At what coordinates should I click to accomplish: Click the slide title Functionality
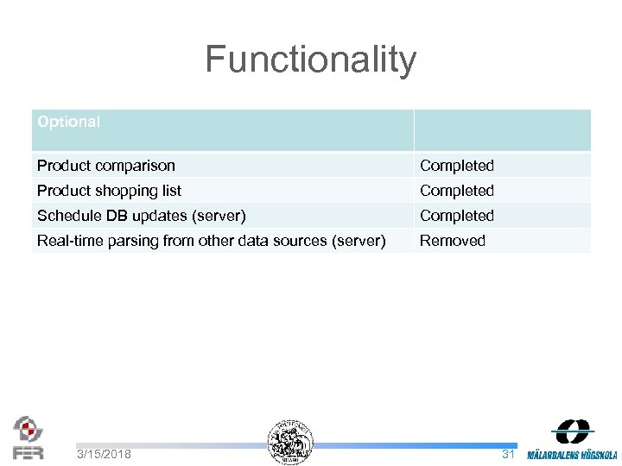click(x=311, y=60)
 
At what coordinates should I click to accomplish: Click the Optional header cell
click(x=69, y=123)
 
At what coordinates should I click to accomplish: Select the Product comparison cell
click(x=106, y=166)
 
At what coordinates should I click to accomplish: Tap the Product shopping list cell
click(x=110, y=191)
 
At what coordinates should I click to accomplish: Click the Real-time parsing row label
click(x=212, y=241)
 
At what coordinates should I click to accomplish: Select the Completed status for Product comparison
click(x=457, y=166)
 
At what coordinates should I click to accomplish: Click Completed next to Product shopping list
click(x=457, y=191)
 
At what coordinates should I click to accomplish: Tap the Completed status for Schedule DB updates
click(x=457, y=216)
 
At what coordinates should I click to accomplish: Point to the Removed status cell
click(x=453, y=241)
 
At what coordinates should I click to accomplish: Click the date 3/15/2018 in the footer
click(x=104, y=454)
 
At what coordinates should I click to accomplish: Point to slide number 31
click(x=508, y=453)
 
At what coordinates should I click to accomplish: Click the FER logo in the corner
click(x=28, y=438)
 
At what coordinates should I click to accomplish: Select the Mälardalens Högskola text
click(x=572, y=455)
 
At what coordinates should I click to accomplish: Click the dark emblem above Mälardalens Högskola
click(x=573, y=432)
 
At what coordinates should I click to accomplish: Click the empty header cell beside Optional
click(x=502, y=130)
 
